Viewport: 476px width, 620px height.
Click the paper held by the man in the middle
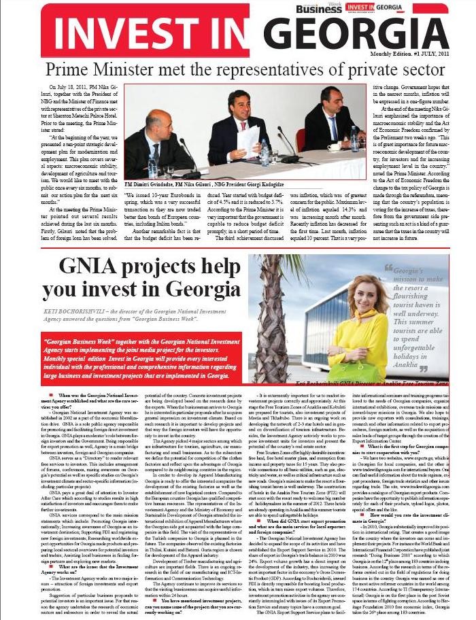pos(248,139)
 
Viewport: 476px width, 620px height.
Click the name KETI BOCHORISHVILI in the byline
pos(74,309)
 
